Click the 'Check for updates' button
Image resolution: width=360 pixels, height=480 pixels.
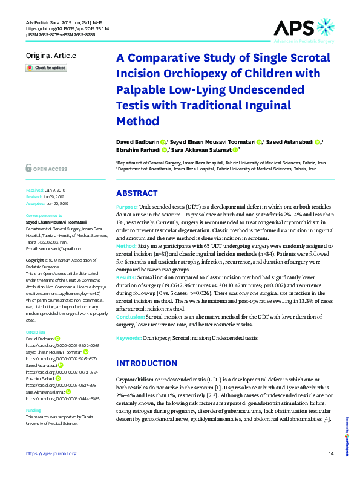click(x=46, y=68)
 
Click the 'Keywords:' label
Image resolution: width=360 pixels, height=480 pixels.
click(x=129, y=339)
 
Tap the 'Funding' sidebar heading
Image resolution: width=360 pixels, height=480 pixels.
click(x=33, y=410)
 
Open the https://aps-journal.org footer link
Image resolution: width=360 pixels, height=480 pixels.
click(x=51, y=453)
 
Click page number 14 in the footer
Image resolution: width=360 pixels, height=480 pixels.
click(x=330, y=453)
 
